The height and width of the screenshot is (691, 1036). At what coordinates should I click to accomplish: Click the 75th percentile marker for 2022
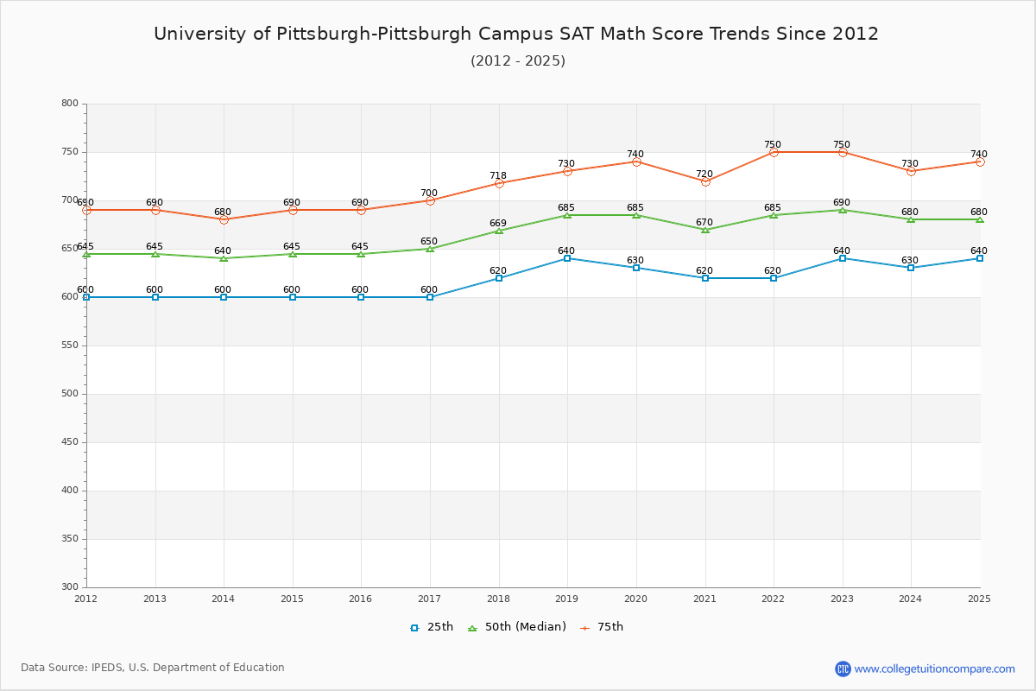click(774, 152)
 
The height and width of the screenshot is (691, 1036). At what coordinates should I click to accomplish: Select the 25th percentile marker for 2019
click(567, 258)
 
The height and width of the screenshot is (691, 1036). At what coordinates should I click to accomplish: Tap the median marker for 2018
click(499, 231)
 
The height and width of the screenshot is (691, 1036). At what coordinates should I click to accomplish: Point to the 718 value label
click(498, 175)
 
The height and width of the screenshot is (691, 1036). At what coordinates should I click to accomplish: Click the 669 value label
click(498, 224)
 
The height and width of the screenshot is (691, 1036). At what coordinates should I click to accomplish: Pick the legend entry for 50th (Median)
click(516, 627)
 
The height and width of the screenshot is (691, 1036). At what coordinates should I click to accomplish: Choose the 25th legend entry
click(432, 627)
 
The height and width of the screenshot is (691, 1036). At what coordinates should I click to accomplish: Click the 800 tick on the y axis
click(69, 104)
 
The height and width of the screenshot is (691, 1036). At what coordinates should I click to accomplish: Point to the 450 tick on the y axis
click(69, 442)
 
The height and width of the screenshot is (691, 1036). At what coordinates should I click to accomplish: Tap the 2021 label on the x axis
click(704, 599)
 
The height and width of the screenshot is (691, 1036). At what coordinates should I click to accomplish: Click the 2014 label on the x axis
click(224, 599)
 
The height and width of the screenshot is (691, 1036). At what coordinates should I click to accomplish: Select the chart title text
click(516, 34)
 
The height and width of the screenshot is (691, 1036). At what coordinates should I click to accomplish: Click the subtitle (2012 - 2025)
click(518, 60)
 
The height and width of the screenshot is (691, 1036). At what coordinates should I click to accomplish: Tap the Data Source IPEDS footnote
click(153, 668)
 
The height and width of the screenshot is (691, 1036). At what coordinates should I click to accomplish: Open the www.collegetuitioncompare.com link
click(934, 669)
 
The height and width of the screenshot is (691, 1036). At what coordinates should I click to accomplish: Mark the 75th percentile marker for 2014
click(224, 219)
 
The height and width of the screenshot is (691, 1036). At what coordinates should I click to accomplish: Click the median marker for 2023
click(843, 210)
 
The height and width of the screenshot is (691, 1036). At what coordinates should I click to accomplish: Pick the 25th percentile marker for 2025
click(980, 258)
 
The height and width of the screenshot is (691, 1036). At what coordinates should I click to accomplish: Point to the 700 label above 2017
click(429, 193)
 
